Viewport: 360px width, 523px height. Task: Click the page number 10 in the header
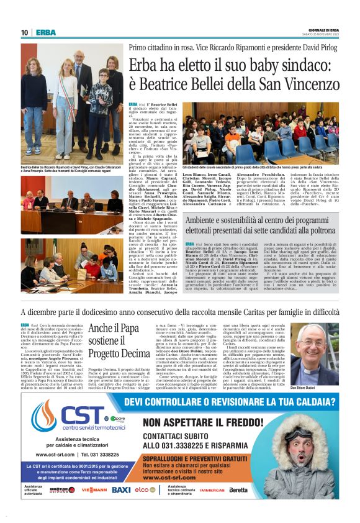[24, 32]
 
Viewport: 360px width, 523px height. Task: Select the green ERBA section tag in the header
[45, 32]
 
